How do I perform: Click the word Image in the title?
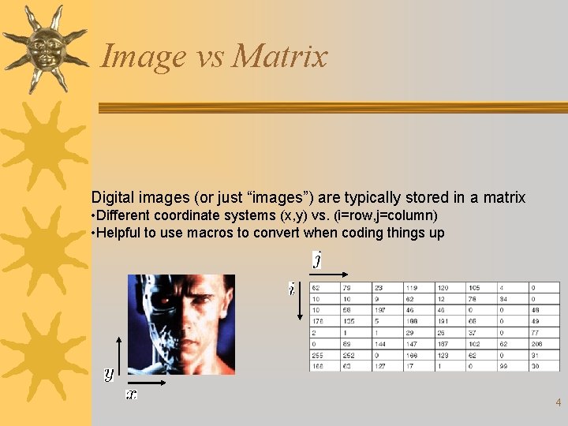click(133, 57)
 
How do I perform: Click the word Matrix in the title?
click(279, 56)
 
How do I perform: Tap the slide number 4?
click(558, 402)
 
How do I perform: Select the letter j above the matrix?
click(317, 260)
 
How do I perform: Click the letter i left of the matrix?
click(292, 290)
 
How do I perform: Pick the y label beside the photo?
click(109, 374)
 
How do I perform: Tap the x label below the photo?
click(131, 394)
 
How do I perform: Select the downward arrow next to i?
click(301, 303)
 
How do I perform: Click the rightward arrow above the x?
click(148, 383)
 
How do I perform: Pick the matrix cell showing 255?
click(317, 355)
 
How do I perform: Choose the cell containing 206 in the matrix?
click(536, 344)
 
